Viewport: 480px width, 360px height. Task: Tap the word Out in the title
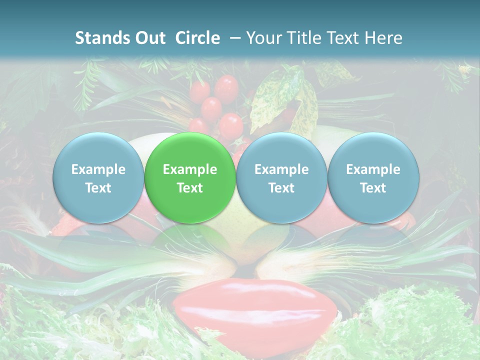coord(150,38)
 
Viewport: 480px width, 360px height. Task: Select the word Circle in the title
coord(197,38)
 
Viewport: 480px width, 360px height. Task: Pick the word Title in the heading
coord(304,38)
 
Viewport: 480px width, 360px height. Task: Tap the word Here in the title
coord(384,38)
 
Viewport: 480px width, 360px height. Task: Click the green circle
coord(190,178)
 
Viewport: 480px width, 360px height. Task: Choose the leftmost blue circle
coord(98,178)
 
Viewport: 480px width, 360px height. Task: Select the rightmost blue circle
coord(373,178)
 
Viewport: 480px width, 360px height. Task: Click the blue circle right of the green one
coord(281,178)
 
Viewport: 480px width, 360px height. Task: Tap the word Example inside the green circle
coord(190,169)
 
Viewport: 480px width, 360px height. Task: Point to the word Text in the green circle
coord(190,188)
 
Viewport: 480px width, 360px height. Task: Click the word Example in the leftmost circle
coord(98,169)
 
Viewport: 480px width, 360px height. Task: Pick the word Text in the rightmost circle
coord(373,188)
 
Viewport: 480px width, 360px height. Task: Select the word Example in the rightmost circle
coord(373,169)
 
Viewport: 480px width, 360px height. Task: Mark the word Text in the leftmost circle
coord(98,188)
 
